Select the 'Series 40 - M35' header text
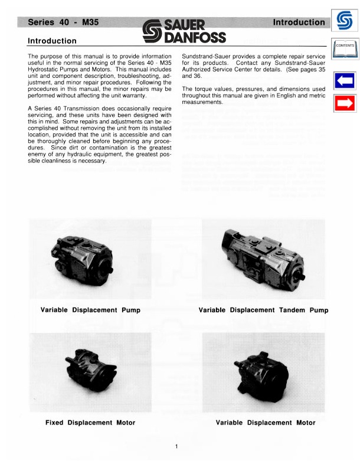[x=60, y=23]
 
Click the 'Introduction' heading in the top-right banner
[x=299, y=23]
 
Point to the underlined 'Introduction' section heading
[x=53, y=41]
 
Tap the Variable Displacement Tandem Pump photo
[x=263, y=257]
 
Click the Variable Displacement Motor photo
[x=263, y=372]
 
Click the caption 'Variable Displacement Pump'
[x=90, y=310]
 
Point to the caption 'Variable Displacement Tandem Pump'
[x=263, y=310]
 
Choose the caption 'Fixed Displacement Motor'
[x=90, y=423]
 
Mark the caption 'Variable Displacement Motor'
[x=266, y=423]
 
